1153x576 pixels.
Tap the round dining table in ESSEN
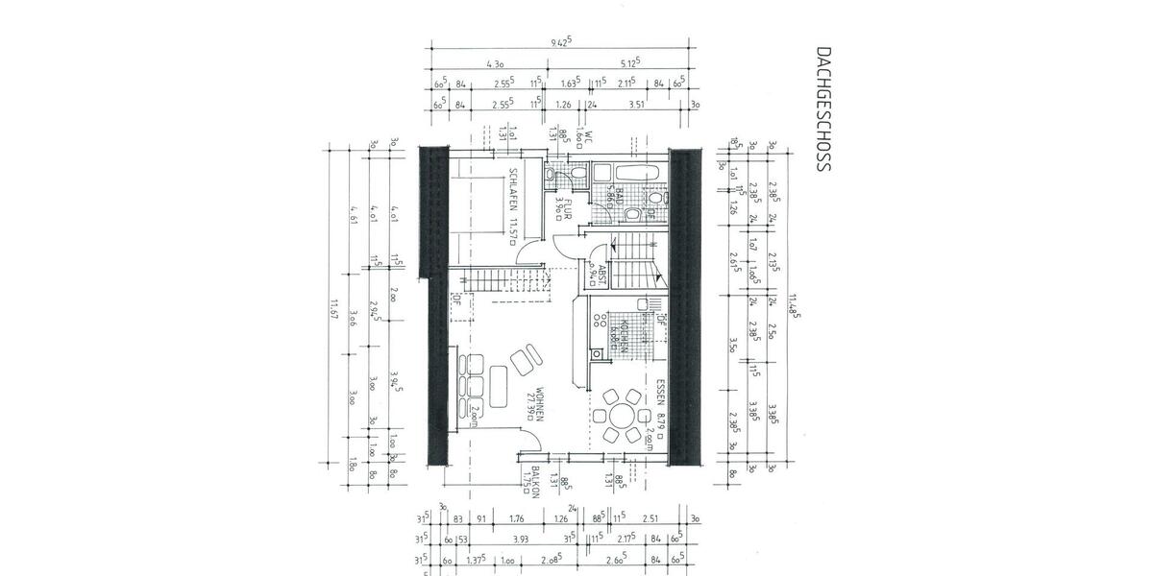pyautogui.click(x=616, y=415)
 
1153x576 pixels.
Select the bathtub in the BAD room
pyautogui.click(x=636, y=174)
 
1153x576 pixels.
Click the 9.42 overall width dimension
pyautogui.click(x=560, y=42)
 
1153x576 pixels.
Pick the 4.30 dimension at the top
pyautogui.click(x=496, y=64)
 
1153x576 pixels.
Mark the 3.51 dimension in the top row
pyautogui.click(x=634, y=105)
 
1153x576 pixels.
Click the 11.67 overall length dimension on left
pyautogui.click(x=332, y=309)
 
